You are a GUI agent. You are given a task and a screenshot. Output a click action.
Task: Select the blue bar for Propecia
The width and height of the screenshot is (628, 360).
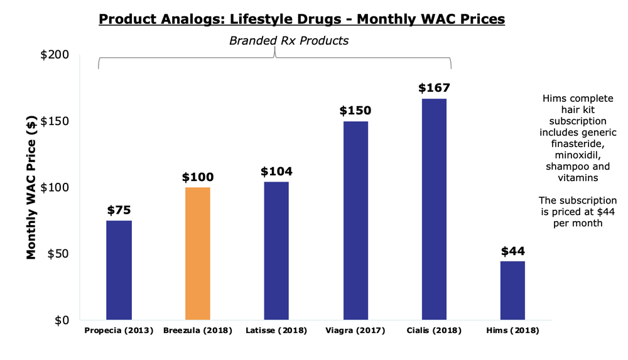click(119, 270)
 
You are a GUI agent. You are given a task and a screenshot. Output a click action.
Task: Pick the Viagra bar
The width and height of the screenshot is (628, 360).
click(355, 220)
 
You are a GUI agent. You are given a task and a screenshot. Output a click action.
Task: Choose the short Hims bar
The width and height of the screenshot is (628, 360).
click(512, 290)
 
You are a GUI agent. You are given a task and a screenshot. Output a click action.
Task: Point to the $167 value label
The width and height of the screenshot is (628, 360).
click(434, 87)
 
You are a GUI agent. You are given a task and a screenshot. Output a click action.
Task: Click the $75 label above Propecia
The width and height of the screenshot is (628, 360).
click(119, 210)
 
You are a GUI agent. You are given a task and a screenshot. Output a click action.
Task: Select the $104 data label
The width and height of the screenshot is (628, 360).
click(276, 171)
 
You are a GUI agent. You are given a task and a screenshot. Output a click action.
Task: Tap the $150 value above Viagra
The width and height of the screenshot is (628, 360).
click(355, 111)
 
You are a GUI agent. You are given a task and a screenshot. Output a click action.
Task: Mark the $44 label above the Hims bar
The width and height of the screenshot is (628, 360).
click(513, 251)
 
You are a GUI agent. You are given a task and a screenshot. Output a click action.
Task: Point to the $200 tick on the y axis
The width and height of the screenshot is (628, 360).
click(55, 55)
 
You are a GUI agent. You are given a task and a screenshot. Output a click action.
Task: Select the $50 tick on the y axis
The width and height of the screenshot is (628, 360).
click(58, 254)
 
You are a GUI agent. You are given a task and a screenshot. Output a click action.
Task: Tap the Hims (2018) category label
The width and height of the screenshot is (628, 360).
click(513, 330)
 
